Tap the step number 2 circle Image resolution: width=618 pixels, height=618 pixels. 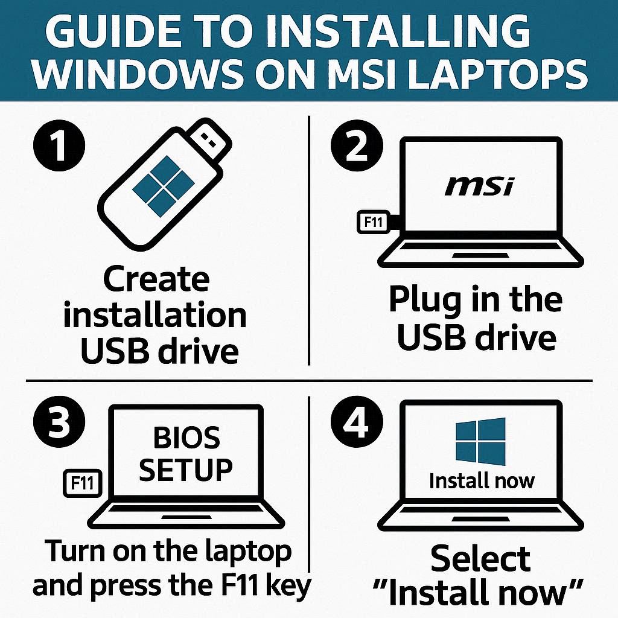[356, 145]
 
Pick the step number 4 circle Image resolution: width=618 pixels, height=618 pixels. [356, 422]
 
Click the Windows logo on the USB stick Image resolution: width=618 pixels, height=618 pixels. [164, 186]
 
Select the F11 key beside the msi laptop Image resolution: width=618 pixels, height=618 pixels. [373, 222]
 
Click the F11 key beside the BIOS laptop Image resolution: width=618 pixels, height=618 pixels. [83, 483]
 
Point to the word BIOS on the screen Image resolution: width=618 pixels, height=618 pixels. [186, 437]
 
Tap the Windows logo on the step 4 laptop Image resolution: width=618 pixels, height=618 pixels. [480, 441]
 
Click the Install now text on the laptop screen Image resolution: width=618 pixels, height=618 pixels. [482, 481]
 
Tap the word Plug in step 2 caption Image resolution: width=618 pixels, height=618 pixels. [424, 302]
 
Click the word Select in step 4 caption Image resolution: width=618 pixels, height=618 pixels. [480, 558]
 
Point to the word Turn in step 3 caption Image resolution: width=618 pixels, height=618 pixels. [76, 551]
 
